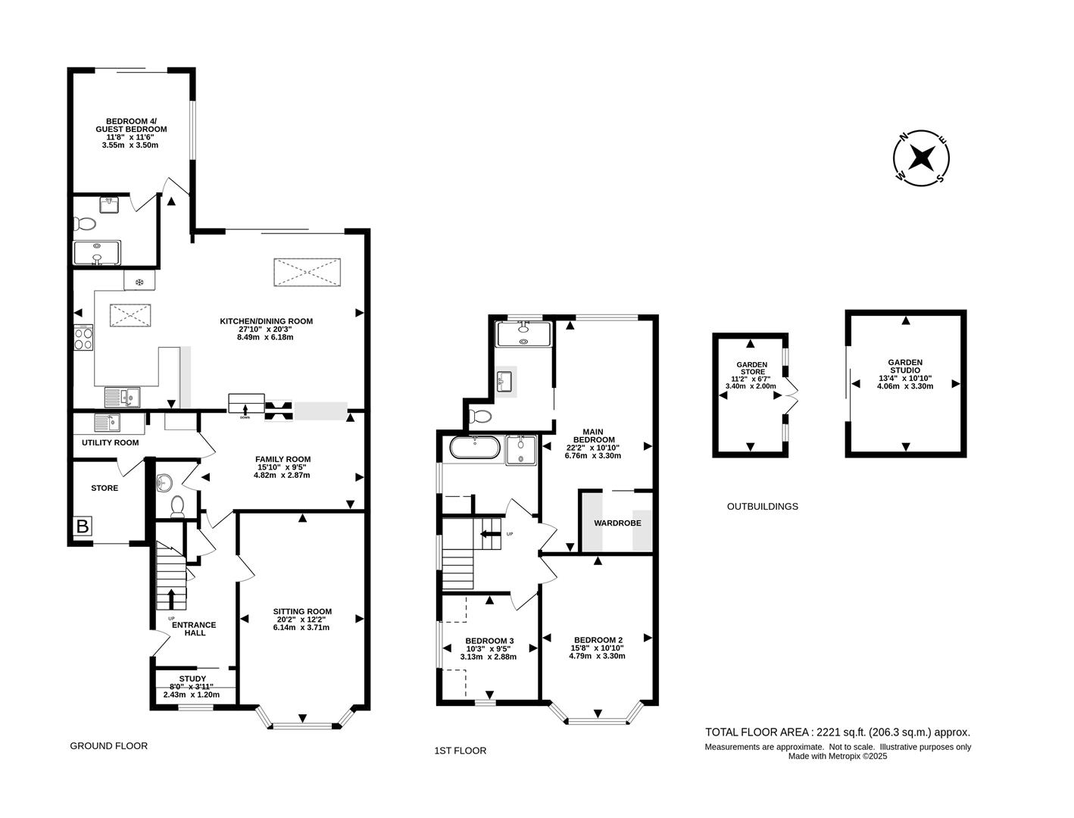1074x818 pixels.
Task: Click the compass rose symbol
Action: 921,158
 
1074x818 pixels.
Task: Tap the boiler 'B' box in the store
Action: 81,527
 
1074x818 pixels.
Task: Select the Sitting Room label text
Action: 302,619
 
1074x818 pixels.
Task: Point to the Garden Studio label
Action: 905,374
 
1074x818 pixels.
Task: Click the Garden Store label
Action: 751,375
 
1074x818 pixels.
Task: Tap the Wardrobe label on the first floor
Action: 617,523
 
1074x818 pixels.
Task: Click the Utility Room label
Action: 110,442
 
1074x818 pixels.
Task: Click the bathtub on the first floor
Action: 474,448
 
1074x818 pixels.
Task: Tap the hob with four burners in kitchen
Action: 83,337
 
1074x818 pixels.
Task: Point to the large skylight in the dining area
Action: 307,273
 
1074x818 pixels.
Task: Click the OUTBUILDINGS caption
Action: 762,507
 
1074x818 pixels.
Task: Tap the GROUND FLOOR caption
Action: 108,746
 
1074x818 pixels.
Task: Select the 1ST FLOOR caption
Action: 460,751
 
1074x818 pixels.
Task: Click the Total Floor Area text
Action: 837,732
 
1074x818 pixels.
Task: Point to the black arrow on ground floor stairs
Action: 170,598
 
